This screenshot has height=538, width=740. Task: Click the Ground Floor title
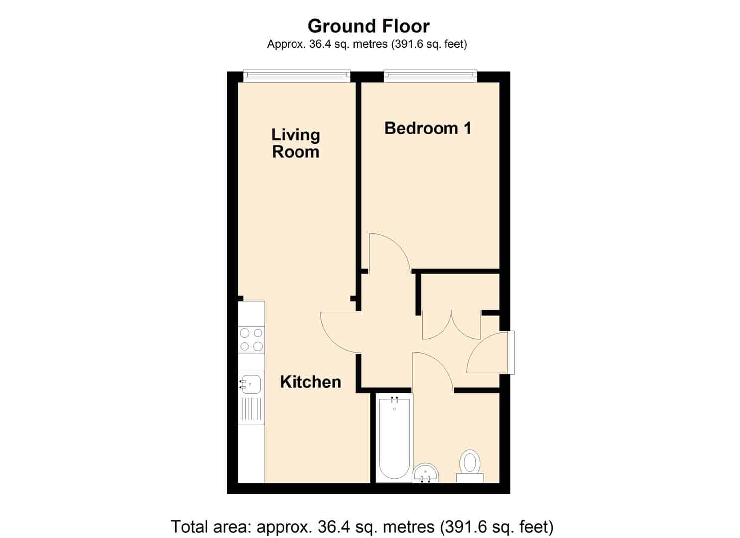[x=369, y=26]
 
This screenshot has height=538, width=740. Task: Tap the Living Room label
[x=296, y=143]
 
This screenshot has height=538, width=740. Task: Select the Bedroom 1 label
[x=428, y=128]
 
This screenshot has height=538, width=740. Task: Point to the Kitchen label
[x=310, y=382]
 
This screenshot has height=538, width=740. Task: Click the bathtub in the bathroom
[x=395, y=438]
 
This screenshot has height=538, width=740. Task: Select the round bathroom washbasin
[x=426, y=473]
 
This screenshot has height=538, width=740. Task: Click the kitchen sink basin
[x=251, y=384]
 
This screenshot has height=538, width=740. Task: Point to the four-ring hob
[x=251, y=340]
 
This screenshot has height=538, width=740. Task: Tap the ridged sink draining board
[x=251, y=410]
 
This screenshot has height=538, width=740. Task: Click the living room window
[x=296, y=76]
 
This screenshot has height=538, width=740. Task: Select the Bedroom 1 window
[x=431, y=76]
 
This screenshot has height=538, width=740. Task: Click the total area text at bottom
[x=362, y=526]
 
